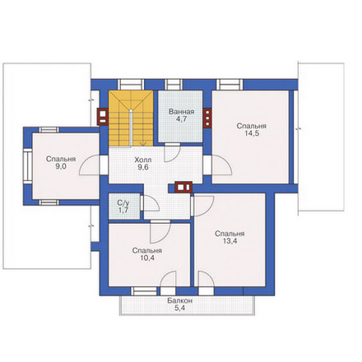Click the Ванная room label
point(181,112)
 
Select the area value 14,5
point(252,133)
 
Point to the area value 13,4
point(230,241)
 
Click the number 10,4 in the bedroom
point(147,258)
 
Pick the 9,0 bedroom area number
point(61,167)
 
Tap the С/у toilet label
point(123,203)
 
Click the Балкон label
point(180,301)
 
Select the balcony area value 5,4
point(180,308)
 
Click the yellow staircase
point(131,118)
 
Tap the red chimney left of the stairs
point(103,117)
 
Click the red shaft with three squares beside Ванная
point(207,118)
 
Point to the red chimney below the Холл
point(183,188)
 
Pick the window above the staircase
point(131,85)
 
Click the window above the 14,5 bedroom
point(230,85)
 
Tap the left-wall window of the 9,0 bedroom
point(28,165)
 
